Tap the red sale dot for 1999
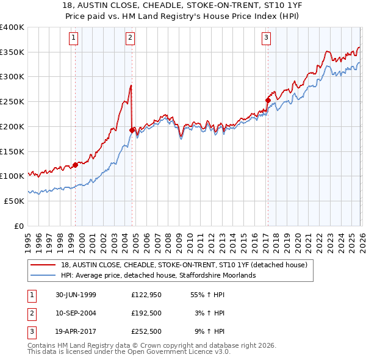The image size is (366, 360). pyautogui.click(x=76, y=164)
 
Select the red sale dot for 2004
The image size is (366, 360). pyautogui.click(x=132, y=129)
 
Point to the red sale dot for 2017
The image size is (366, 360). pyautogui.click(x=268, y=100)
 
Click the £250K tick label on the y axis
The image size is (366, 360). pyautogui.click(x=12, y=101)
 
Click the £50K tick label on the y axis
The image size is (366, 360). pyautogui.click(x=14, y=201)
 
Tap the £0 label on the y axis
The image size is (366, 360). pyautogui.click(x=19, y=226)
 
